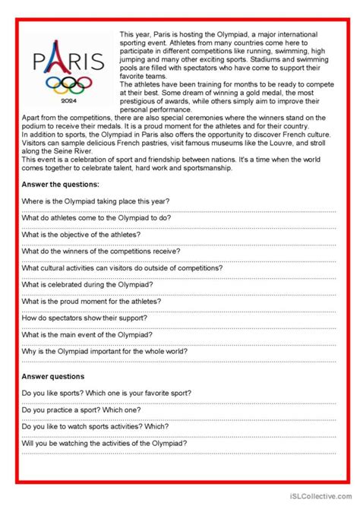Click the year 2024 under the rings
68,100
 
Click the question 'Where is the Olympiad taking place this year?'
96,201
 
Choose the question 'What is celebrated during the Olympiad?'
87,284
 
